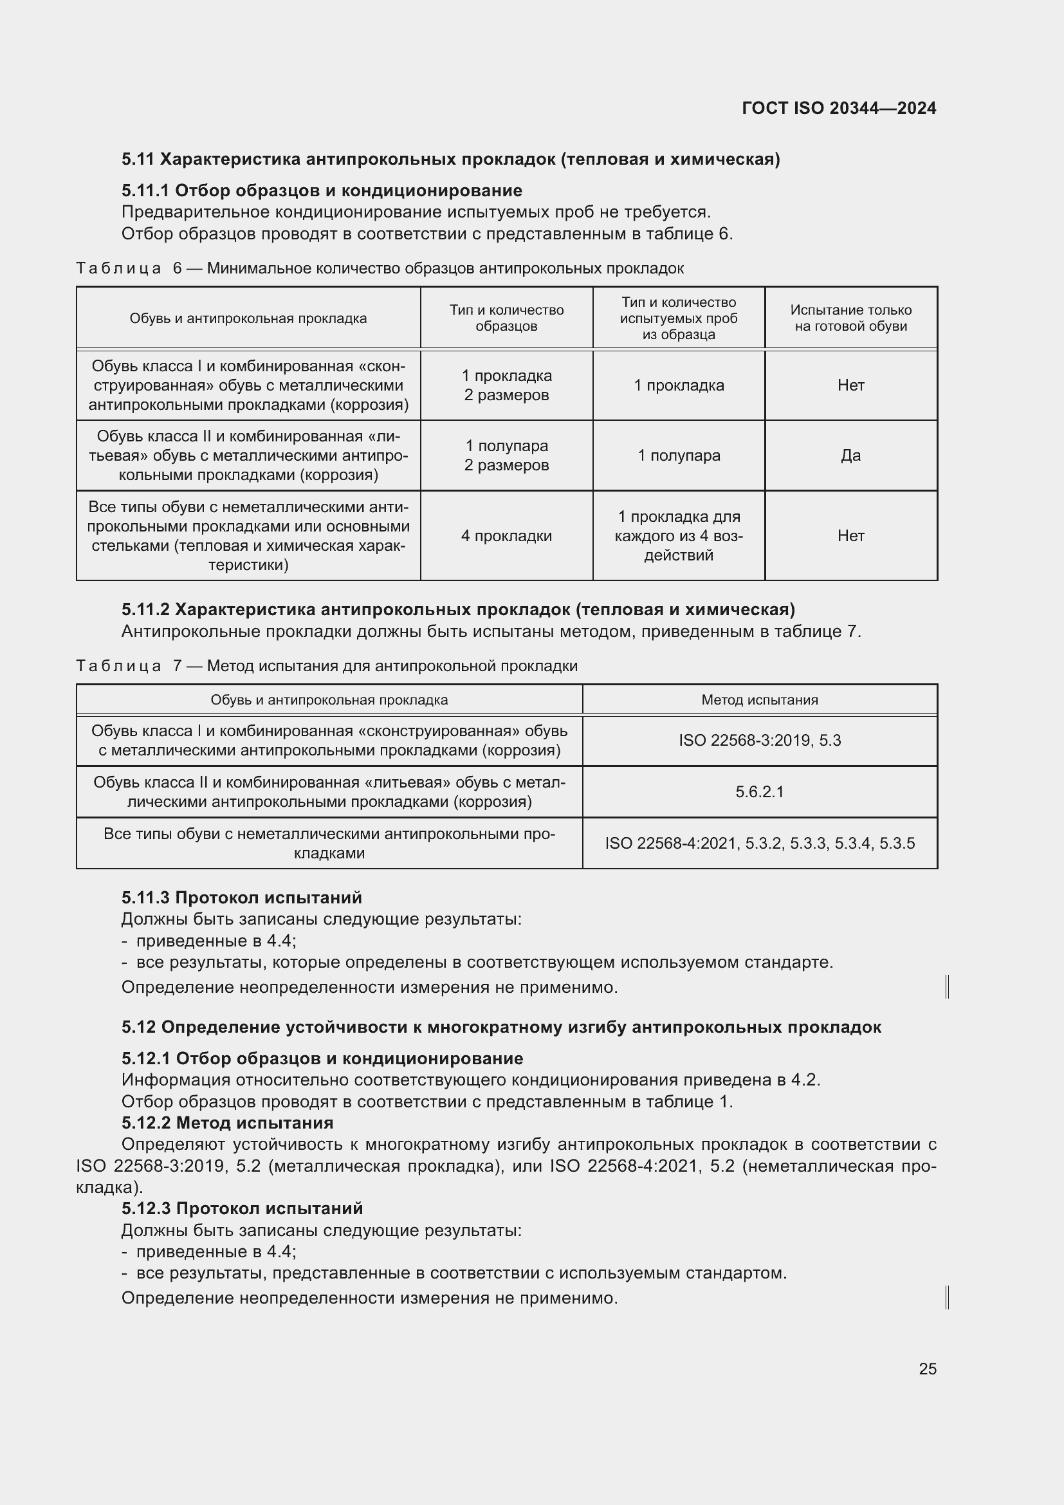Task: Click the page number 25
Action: pos(927,1369)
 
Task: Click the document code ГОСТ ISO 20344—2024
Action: pos(839,108)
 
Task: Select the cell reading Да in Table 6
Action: pos(850,456)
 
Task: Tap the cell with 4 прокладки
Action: pos(506,535)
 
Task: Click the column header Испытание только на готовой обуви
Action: pos(850,318)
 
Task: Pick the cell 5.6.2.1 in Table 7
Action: pos(759,792)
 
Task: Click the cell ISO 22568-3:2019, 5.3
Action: pos(759,741)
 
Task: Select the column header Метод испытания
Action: pos(759,700)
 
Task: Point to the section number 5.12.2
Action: pos(146,1123)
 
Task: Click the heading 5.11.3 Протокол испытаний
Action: pos(241,898)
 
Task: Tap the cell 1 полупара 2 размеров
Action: pos(506,456)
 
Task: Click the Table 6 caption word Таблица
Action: pos(118,268)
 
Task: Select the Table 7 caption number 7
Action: pos(177,666)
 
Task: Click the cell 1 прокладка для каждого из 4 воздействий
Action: pos(678,535)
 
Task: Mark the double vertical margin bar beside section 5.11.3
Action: pos(948,986)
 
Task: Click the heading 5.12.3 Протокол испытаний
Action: pos(242,1208)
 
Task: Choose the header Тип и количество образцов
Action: pos(506,318)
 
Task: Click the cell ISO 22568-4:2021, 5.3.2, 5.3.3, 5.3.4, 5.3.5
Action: pos(759,843)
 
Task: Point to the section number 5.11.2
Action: pos(145,609)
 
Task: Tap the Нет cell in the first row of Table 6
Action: pos(850,385)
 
